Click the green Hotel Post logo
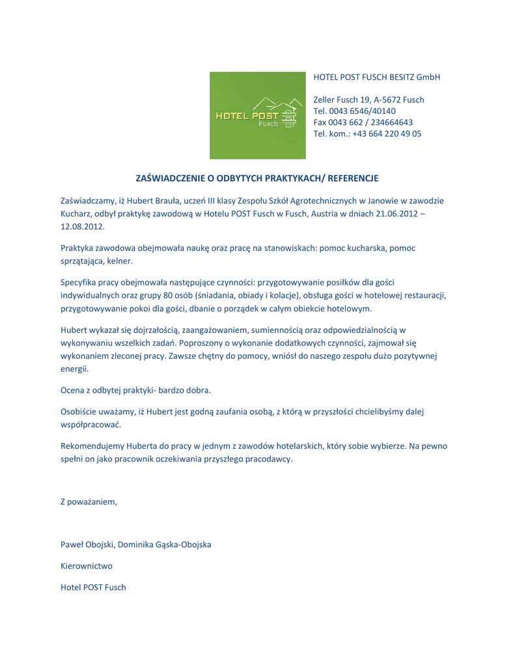pos(257,115)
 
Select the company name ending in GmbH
pos(377,77)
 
